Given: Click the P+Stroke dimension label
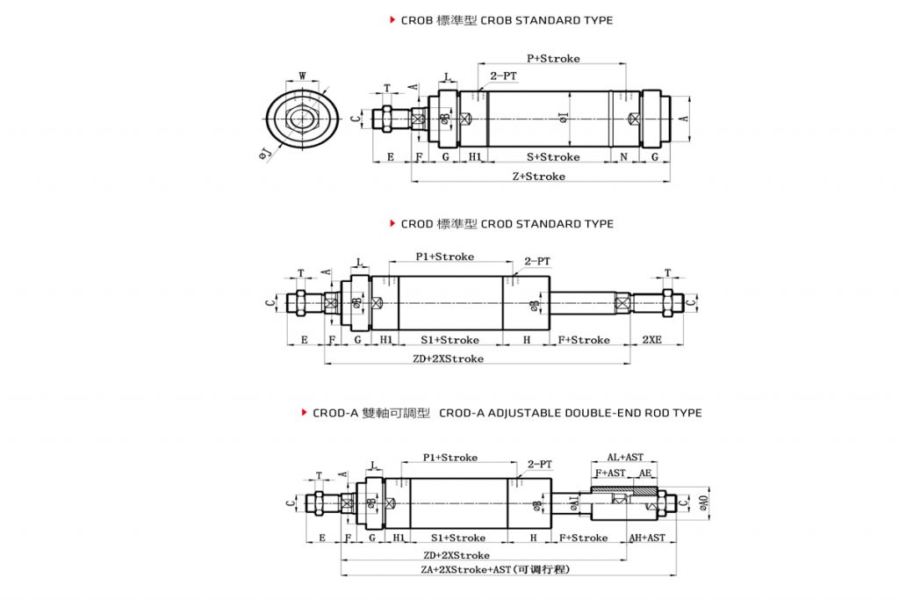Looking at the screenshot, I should point(553,59).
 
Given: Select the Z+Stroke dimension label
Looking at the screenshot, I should point(538,177).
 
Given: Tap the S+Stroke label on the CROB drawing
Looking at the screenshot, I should point(553,157).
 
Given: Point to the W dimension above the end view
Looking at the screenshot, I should point(303,76).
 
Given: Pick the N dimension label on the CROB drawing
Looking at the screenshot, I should point(624,157).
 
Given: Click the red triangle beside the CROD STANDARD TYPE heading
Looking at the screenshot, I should point(392,224).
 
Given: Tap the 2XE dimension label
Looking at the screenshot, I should point(651,340).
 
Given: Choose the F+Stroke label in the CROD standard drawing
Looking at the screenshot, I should point(584,340).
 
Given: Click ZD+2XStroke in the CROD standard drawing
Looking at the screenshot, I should point(448,359).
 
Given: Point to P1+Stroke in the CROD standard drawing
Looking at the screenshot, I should point(444,257).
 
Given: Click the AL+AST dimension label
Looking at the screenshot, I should point(625,458).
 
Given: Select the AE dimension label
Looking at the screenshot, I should point(645,473).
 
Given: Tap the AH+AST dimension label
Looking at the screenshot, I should point(647,538).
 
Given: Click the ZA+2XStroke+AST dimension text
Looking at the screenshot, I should point(496,570).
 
